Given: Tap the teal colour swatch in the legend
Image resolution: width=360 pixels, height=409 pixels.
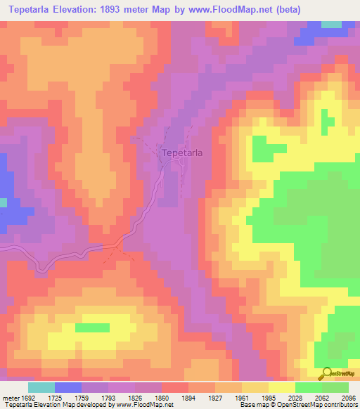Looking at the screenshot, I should (x=41, y=387).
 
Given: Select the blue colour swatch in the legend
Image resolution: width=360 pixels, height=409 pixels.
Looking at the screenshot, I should (x=68, y=387).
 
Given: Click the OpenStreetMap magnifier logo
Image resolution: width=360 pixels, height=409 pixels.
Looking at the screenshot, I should (x=326, y=373).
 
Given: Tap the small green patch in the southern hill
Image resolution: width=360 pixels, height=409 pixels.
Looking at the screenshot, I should (x=92, y=327).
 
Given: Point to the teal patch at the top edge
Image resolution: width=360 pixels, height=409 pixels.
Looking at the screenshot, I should (x=331, y=25).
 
